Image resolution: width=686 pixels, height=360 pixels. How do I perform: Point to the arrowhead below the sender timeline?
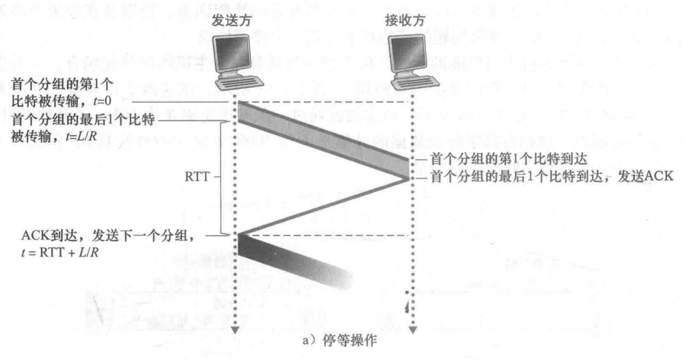click(x=235, y=330)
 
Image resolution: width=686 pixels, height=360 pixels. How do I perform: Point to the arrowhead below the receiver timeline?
click(x=412, y=330)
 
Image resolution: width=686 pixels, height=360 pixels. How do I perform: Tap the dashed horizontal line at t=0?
click(x=325, y=102)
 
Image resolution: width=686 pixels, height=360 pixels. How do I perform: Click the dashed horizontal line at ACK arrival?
click(x=325, y=236)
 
